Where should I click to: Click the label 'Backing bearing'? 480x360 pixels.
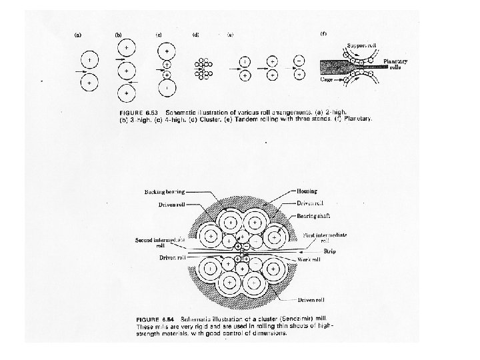[x=165, y=192]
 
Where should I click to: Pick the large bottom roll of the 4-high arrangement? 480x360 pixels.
[x=165, y=88]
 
